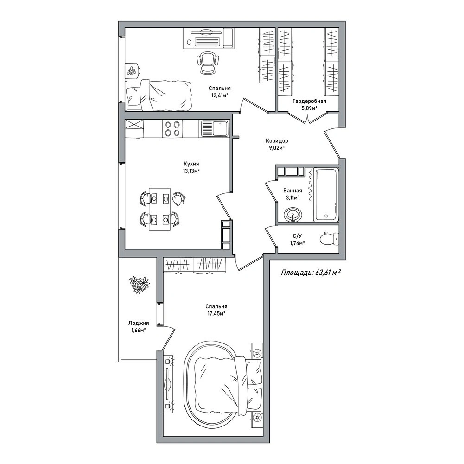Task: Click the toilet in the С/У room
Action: pyautogui.click(x=329, y=239)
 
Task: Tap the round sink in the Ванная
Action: pyautogui.click(x=292, y=214)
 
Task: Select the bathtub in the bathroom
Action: pyautogui.click(x=326, y=194)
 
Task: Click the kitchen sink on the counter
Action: pyautogui.click(x=214, y=128)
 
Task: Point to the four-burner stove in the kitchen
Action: pyautogui.click(x=172, y=129)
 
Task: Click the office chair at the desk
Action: pyautogui.click(x=207, y=62)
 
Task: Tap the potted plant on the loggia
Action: pyautogui.click(x=140, y=284)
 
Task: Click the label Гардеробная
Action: pyautogui.click(x=309, y=101)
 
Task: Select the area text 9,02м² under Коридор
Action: pyautogui.click(x=276, y=148)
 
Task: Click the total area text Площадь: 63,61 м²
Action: pyautogui.click(x=310, y=273)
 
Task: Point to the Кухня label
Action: pyautogui.click(x=191, y=164)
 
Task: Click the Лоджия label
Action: pyautogui.click(x=139, y=323)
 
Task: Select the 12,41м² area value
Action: pyautogui.click(x=219, y=95)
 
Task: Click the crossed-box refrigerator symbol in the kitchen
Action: pyautogui.click(x=134, y=124)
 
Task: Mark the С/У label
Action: pyautogui.click(x=297, y=236)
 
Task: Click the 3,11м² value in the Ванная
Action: pyautogui.click(x=292, y=197)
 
